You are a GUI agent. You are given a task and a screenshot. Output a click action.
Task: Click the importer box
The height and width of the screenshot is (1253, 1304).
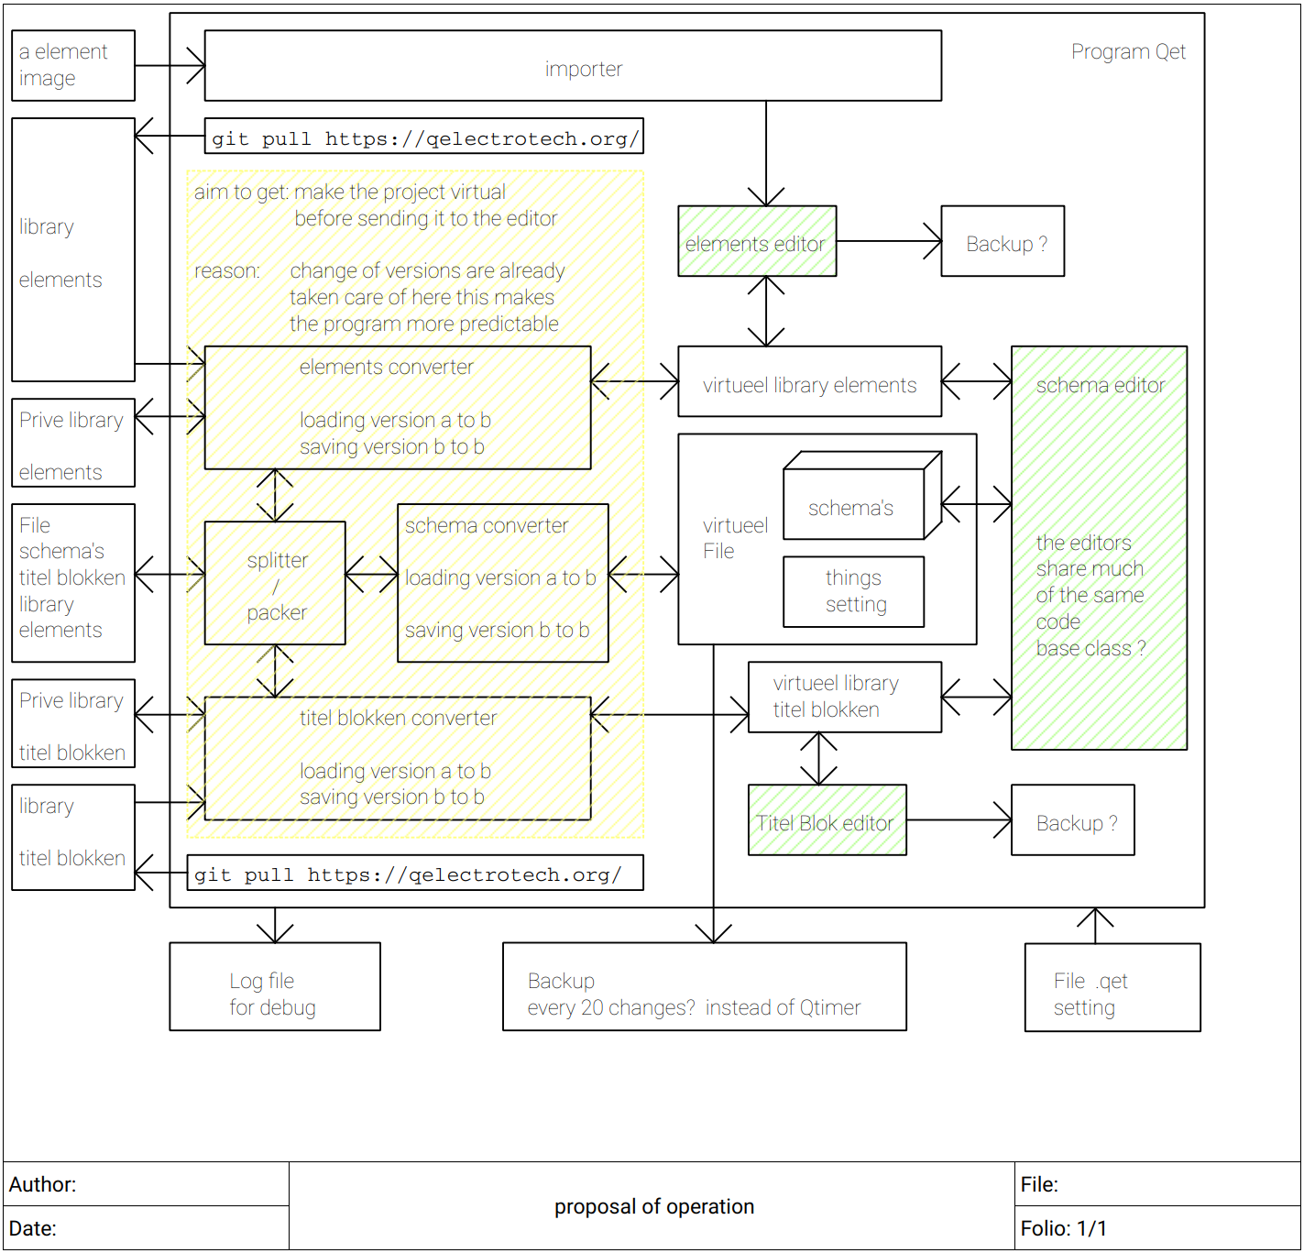(x=573, y=66)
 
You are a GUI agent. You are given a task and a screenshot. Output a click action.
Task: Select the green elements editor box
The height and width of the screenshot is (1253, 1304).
(x=757, y=241)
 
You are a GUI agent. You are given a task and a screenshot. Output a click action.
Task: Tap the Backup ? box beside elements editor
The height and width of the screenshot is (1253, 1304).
(x=1003, y=242)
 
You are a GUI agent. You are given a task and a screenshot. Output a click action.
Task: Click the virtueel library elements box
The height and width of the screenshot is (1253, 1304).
(x=809, y=382)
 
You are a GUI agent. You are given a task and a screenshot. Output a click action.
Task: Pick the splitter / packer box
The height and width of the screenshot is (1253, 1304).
(x=275, y=584)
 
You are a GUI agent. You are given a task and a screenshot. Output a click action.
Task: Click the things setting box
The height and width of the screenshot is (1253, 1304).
(x=854, y=592)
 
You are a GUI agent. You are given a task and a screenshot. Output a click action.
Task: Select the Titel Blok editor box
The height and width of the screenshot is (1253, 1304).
(x=827, y=820)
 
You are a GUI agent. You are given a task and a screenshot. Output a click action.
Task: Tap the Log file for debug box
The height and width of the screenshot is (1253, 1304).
(x=275, y=987)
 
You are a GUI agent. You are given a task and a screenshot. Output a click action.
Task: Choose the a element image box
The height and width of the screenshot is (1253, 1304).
(x=73, y=66)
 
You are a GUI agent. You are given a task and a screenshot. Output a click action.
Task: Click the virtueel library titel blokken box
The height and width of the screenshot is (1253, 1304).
(x=844, y=698)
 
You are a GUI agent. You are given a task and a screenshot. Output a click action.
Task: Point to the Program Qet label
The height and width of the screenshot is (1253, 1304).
(x=1128, y=52)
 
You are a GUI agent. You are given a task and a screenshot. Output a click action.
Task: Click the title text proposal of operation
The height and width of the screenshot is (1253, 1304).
(x=653, y=1207)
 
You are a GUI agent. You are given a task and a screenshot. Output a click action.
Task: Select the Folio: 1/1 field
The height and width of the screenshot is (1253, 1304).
(x=1063, y=1229)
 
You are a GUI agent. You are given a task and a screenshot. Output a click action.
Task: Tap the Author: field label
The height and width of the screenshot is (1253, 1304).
(x=43, y=1185)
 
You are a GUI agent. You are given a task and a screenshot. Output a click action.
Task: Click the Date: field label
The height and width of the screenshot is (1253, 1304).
(x=33, y=1229)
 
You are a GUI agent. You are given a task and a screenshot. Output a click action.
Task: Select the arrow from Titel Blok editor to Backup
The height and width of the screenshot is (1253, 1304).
(x=959, y=820)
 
